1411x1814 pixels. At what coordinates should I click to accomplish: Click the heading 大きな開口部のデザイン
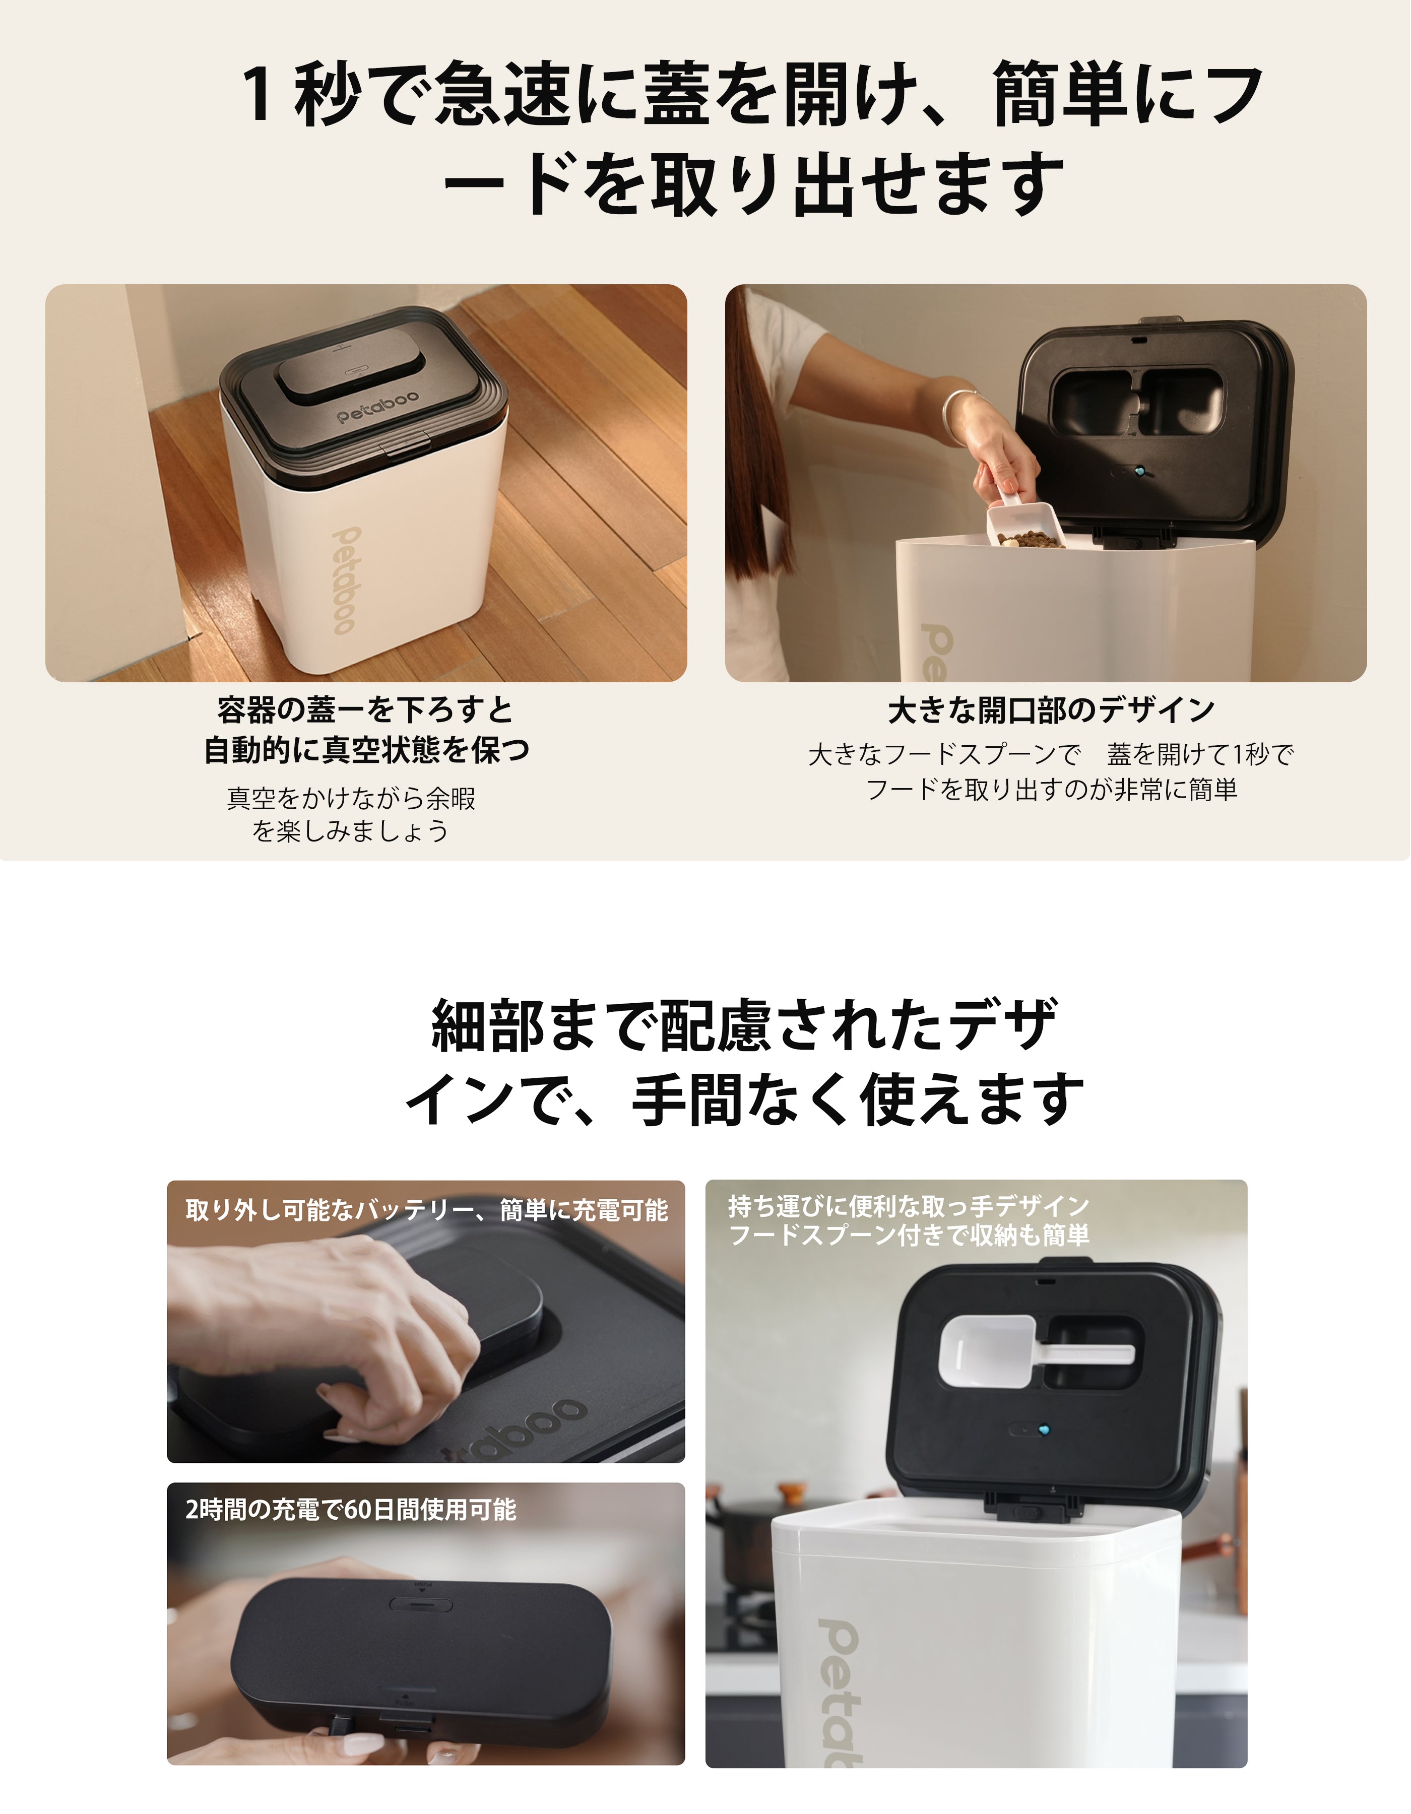tap(1051, 710)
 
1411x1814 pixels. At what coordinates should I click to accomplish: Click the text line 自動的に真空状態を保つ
tap(366, 750)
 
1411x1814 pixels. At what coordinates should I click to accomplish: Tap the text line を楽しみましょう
tap(350, 830)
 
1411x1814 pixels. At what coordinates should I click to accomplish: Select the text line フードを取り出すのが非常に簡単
tap(1051, 789)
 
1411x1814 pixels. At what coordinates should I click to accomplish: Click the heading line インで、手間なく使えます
tap(744, 1099)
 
